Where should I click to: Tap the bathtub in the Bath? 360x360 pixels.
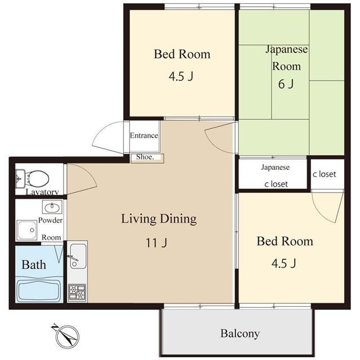click(39, 290)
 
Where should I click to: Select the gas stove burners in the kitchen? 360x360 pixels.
click(77, 292)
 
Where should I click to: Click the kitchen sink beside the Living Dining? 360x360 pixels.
click(78, 256)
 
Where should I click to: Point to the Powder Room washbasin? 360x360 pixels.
click(52, 207)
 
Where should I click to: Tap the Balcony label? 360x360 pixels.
click(240, 334)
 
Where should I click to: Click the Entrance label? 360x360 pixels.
click(144, 136)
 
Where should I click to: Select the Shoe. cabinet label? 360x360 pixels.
click(145, 157)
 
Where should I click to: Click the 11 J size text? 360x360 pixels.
click(156, 242)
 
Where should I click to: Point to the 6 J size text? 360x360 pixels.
click(286, 84)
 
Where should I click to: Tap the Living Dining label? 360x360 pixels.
click(159, 219)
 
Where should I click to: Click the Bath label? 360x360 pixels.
click(34, 265)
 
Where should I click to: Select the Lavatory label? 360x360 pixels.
click(42, 192)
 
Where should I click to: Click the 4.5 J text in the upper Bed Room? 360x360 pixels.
click(181, 76)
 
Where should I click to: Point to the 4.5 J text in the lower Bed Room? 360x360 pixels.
click(283, 263)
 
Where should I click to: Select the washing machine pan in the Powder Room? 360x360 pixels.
click(26, 230)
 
